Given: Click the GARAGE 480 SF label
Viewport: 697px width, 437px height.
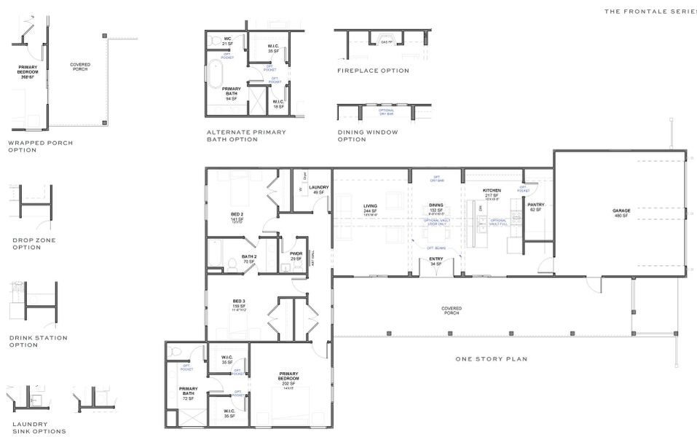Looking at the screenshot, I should [x=621, y=213].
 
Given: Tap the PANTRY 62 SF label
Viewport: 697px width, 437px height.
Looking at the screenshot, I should [x=536, y=207].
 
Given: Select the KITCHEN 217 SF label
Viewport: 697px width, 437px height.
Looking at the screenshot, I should [x=492, y=194].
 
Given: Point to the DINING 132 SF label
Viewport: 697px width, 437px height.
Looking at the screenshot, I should [x=436, y=208].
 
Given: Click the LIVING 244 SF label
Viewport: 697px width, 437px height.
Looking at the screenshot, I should [x=370, y=209].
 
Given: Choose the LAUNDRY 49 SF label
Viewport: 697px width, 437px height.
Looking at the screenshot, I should [x=318, y=189].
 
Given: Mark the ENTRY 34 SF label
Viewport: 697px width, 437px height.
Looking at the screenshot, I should [x=436, y=261].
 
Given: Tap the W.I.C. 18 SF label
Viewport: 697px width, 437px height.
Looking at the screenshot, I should [x=278, y=104].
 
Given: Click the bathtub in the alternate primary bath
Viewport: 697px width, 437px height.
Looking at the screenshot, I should [x=216, y=74].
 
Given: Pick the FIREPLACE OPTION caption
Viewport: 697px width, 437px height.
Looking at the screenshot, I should [x=373, y=71].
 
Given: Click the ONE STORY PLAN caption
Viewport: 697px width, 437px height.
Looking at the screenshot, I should [x=491, y=359].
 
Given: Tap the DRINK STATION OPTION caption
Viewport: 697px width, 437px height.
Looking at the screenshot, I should [x=38, y=341].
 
